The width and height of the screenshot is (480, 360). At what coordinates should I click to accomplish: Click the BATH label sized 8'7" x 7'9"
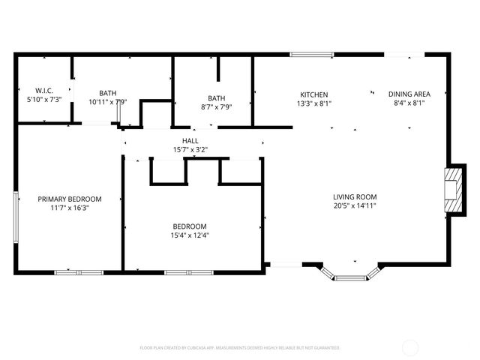(x=217, y=97)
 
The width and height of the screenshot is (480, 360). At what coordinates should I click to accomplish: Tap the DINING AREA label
(x=409, y=94)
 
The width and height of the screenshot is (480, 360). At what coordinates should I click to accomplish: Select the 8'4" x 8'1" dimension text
(x=409, y=103)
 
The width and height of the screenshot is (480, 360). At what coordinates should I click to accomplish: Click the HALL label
(x=190, y=140)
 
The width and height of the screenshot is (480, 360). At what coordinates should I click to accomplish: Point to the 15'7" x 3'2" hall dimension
(x=190, y=150)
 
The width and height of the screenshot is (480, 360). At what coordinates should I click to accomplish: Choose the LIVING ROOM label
(x=355, y=196)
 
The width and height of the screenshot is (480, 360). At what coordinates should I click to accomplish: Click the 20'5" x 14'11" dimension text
(x=355, y=205)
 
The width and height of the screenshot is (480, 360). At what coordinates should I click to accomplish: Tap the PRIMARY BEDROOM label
(x=70, y=199)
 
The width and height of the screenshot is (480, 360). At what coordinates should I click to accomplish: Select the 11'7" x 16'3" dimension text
(x=70, y=208)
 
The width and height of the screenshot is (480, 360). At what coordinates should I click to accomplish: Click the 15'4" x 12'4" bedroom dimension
(x=190, y=235)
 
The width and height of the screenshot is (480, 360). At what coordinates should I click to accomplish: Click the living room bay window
(x=350, y=274)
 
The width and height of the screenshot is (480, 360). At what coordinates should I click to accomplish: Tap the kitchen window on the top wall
(x=312, y=54)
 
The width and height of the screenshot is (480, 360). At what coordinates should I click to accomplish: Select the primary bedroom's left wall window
(x=16, y=217)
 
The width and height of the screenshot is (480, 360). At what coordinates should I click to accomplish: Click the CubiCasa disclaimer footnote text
(x=240, y=348)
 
